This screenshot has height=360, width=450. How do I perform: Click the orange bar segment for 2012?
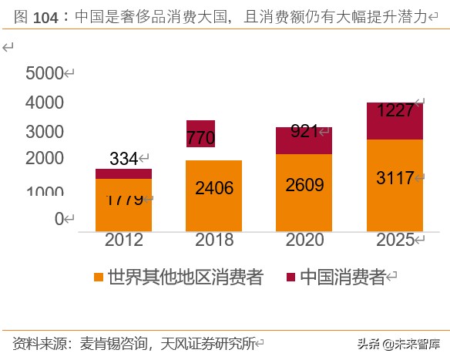click(123, 205)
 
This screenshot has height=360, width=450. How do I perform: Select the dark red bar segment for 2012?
click(123, 173)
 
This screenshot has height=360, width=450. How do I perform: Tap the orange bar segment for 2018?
click(213, 195)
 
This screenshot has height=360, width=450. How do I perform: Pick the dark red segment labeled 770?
click(200, 133)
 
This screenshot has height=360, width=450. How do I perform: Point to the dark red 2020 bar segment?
click(304, 140)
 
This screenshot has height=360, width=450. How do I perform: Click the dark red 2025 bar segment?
click(394, 121)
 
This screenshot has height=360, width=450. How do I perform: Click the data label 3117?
click(393, 178)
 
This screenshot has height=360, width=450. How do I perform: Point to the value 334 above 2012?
click(123, 159)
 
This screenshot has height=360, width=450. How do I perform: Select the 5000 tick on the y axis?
click(44, 73)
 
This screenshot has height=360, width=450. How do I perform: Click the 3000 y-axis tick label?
click(44, 131)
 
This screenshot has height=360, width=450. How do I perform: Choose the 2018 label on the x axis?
click(213, 240)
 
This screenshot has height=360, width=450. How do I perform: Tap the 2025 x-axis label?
click(393, 240)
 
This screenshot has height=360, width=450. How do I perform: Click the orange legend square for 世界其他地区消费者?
click(98, 278)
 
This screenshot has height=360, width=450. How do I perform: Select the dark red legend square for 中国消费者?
click(290, 278)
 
